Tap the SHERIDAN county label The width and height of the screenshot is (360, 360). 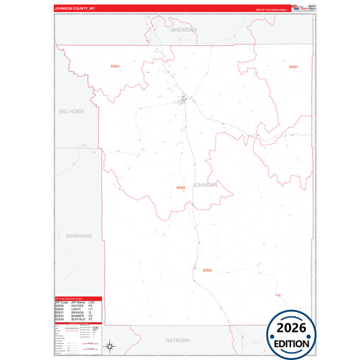[x=184, y=30]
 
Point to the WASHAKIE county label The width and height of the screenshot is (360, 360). [x=78, y=236]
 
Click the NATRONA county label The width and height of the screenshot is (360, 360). [x=179, y=340]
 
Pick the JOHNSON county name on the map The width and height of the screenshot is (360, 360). [x=205, y=184]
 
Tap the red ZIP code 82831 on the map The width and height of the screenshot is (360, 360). [x=293, y=67]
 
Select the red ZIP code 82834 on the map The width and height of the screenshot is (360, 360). [x=180, y=187]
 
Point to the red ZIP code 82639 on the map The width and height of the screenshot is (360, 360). [x=207, y=270]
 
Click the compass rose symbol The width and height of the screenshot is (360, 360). [x=109, y=346]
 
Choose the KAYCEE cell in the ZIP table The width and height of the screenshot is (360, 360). [x=77, y=305]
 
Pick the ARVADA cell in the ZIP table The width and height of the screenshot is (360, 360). [x=77, y=312]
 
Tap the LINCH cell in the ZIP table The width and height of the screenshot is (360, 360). [x=76, y=309]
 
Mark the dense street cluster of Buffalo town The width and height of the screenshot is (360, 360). [x=184, y=102]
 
